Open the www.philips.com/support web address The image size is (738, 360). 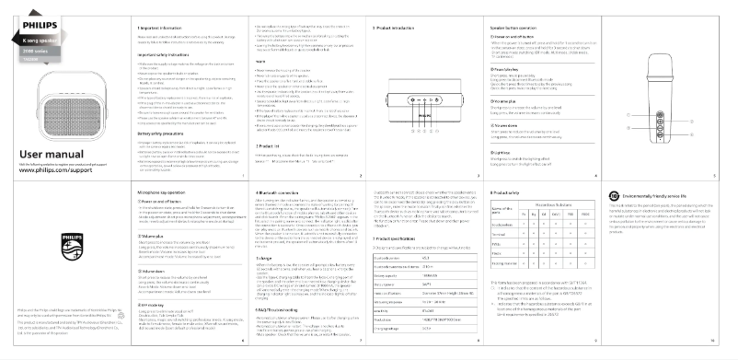pos(55,172)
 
